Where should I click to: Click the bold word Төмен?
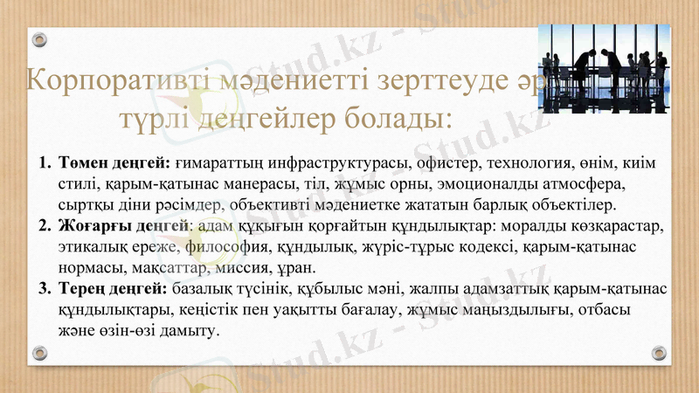click(83, 163)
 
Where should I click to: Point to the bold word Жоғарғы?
click(91, 226)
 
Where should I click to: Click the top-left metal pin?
click(39, 40)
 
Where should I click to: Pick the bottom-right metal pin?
click(659, 353)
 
